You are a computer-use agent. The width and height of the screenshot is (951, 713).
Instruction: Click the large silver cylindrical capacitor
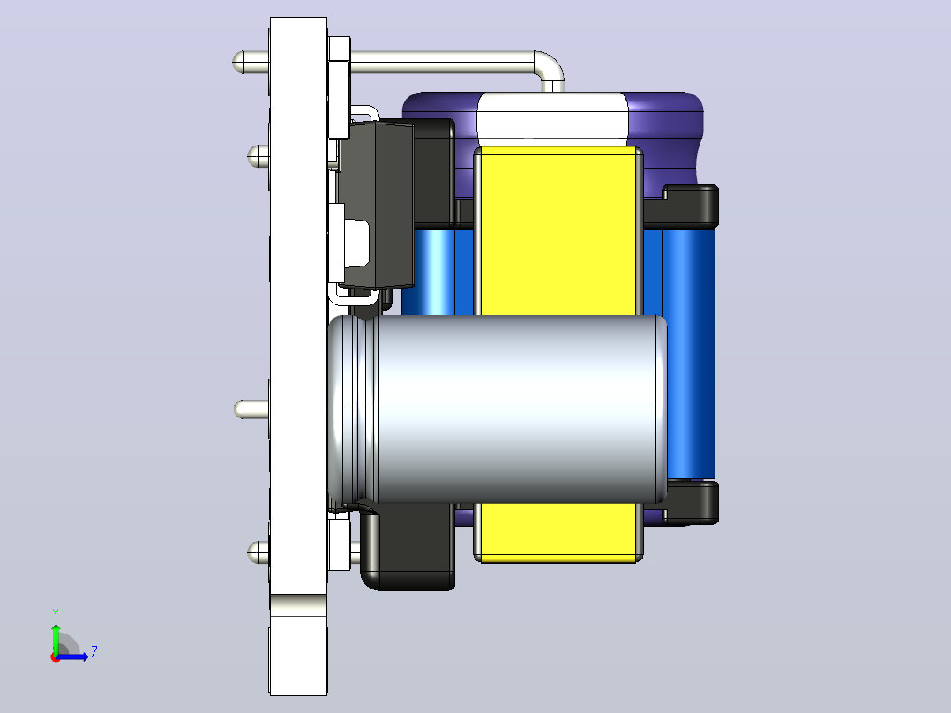[x=498, y=409]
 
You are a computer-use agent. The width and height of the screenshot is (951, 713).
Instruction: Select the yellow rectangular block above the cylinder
[x=558, y=230]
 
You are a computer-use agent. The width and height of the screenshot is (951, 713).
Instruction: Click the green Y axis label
[x=56, y=614]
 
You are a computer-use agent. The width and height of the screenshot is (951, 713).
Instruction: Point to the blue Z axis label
[x=94, y=652]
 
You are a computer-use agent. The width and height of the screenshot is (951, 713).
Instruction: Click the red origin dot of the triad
[x=56, y=657]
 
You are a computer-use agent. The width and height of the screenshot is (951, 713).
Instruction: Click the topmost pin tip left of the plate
[x=238, y=62]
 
